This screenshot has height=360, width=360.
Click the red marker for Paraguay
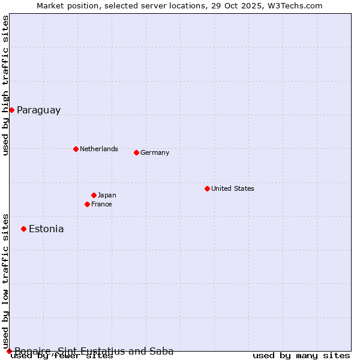click(x=11, y=110)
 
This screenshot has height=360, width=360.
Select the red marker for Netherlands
click(x=76, y=149)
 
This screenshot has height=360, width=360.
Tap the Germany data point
click(x=136, y=152)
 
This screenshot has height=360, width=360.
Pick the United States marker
click(x=207, y=188)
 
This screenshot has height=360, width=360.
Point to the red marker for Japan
click(x=94, y=195)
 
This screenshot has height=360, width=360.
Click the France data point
click(x=87, y=204)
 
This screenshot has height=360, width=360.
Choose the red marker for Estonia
click(x=23, y=229)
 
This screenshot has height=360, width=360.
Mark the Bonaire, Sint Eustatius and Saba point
click(x=9, y=351)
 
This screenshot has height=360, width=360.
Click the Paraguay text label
click(x=38, y=110)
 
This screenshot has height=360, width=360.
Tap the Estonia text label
click(x=46, y=229)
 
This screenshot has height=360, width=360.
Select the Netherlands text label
click(x=99, y=149)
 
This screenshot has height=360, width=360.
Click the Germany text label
click(x=155, y=152)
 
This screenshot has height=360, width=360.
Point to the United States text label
click(x=233, y=188)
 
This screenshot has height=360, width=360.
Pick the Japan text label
click(x=107, y=195)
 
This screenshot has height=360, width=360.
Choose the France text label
click(x=101, y=204)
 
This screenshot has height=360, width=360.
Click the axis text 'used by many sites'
click(x=301, y=356)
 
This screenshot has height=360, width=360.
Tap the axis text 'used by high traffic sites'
click(x=6, y=86)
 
